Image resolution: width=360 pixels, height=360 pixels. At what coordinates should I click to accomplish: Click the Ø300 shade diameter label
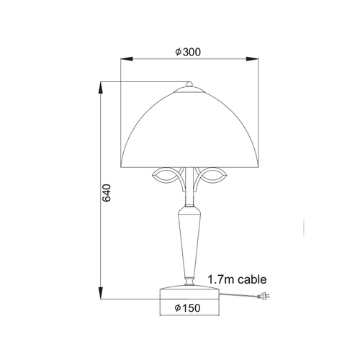[188, 52]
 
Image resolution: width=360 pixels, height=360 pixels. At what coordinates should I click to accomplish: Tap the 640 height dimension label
[107, 193]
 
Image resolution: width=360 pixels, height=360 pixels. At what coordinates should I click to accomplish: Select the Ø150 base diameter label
[187, 308]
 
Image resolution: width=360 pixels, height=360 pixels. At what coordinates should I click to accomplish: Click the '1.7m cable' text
[237, 279]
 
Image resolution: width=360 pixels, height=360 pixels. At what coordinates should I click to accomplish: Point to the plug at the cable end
[264, 297]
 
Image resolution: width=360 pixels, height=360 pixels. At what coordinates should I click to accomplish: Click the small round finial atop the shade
[189, 84]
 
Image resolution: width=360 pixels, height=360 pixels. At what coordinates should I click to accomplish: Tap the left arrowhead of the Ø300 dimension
[127, 59]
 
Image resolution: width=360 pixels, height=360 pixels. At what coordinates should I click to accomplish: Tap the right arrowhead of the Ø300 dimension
[253, 59]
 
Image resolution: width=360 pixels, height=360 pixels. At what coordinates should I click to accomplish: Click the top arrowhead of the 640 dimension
[101, 88]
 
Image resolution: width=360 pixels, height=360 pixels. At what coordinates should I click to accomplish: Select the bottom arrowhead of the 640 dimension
[101, 293]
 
